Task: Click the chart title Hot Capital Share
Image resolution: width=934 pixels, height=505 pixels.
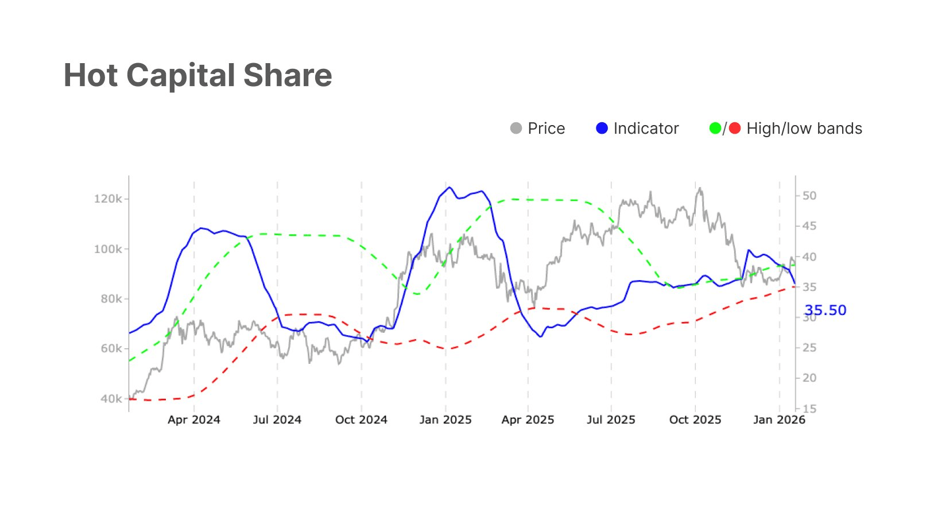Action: (197, 76)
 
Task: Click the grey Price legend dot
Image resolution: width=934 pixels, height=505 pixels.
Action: (516, 129)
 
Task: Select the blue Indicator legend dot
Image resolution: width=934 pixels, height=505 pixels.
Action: (602, 129)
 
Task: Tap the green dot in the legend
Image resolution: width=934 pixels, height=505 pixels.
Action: (715, 129)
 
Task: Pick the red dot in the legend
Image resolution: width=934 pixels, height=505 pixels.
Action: (735, 129)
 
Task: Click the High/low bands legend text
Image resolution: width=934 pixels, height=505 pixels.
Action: (804, 129)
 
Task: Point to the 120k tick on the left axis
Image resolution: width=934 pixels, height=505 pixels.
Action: (108, 199)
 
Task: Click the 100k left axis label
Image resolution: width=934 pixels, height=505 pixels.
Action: (108, 249)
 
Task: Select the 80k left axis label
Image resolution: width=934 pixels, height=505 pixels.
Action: (110, 299)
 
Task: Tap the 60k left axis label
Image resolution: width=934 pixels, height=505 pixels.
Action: (110, 349)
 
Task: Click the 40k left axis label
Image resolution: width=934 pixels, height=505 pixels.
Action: (110, 399)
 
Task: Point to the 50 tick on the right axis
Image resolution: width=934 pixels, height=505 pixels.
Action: (809, 196)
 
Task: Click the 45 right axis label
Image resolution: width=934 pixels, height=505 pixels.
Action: (809, 226)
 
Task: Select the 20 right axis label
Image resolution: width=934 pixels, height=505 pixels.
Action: (809, 378)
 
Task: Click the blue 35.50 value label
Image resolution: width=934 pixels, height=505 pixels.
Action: (826, 310)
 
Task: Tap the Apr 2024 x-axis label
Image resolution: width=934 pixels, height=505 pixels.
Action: (194, 420)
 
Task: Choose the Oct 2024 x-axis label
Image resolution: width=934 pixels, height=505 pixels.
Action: (361, 420)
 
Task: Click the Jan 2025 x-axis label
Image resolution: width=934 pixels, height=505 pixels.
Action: (445, 420)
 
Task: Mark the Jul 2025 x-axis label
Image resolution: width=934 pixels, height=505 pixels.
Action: (611, 420)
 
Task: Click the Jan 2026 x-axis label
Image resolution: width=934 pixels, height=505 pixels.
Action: (779, 420)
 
